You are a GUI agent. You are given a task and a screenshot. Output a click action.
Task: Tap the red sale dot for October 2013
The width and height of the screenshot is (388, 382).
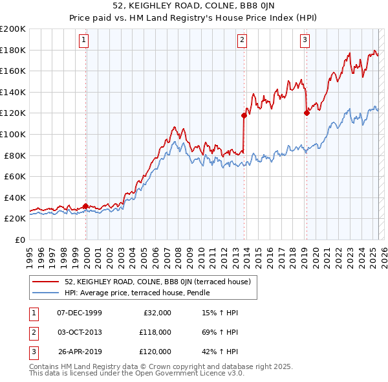click(244, 115)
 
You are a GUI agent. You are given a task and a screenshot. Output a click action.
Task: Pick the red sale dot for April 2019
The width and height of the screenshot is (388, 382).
click(307, 113)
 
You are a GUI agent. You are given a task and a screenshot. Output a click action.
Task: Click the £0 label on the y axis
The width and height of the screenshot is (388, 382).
click(19, 240)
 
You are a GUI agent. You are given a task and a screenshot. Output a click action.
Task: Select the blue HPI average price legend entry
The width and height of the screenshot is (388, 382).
click(136, 293)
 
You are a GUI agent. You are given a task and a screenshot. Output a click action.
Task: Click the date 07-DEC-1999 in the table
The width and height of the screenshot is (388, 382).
click(80, 312)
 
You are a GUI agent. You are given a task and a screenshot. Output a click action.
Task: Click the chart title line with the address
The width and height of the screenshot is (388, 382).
click(194, 7)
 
